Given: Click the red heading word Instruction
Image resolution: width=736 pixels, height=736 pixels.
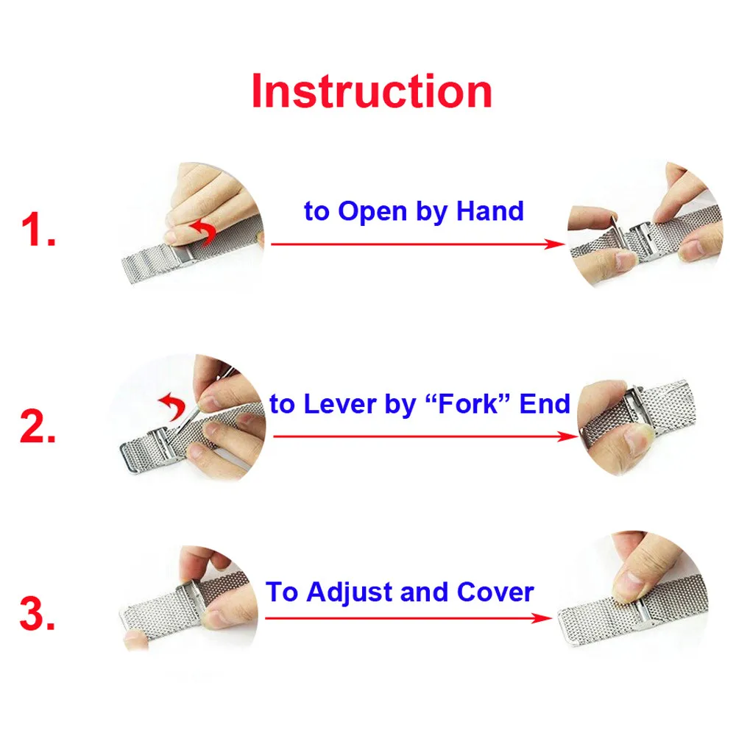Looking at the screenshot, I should tap(372, 92).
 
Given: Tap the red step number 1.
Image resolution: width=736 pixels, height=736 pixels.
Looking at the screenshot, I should tap(38, 232).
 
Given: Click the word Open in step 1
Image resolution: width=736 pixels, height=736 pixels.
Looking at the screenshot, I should tap(372, 212).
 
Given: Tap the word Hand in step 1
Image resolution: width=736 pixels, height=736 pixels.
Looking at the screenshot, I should tap(490, 211).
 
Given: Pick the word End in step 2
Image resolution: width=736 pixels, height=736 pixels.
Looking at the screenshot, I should tap(545, 404).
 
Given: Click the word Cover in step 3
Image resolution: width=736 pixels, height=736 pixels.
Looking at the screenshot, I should tap(495, 592).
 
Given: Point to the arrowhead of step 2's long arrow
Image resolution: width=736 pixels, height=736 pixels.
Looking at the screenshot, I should tap(571, 436).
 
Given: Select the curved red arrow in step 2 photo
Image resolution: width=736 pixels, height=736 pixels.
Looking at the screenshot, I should tap(174, 403).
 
